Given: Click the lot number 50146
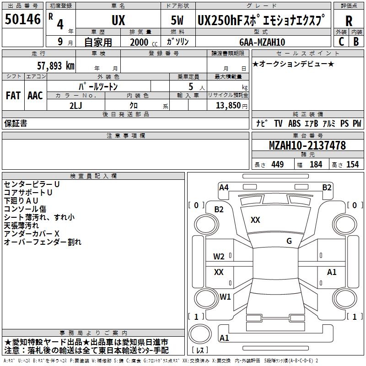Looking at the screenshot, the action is [x=22, y=20].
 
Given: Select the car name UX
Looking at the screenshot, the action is [x=118, y=21].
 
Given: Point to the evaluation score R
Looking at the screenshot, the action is [x=349, y=21].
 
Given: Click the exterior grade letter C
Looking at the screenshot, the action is [x=341, y=42].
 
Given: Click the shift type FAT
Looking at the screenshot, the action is [x=13, y=95].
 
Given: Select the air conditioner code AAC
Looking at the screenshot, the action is [x=35, y=95].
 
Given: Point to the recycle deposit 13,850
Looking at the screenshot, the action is [x=230, y=105].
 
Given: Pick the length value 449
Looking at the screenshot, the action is [x=277, y=164].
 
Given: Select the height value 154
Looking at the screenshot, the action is [x=352, y=164].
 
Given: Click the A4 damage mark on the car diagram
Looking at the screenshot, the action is [x=224, y=187].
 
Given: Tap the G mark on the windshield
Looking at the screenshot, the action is [x=289, y=241].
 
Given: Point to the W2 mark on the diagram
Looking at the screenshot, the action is [x=219, y=256].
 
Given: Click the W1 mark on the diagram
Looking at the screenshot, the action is [x=225, y=296].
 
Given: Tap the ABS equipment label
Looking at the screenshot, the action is [x=294, y=123].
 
